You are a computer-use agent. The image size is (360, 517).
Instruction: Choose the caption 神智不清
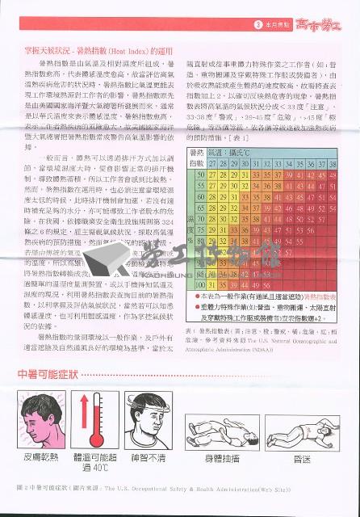coord(147,457)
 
